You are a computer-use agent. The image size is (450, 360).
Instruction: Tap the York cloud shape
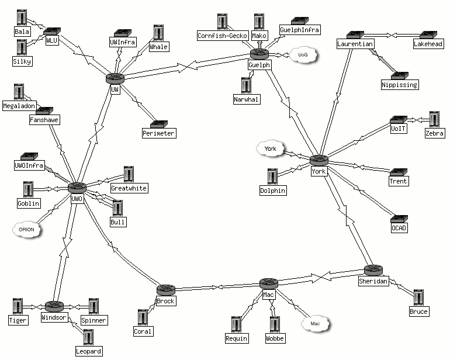click(x=270, y=149)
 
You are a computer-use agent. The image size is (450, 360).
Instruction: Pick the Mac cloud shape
click(x=315, y=323)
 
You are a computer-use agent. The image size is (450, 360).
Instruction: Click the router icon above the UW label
click(x=115, y=78)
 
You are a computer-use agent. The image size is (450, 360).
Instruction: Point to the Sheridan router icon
click(x=372, y=270)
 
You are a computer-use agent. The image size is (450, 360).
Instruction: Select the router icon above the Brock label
click(x=165, y=290)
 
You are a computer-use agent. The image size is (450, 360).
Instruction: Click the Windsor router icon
click(x=54, y=306)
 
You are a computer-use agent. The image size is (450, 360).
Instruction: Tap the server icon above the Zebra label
click(x=434, y=119)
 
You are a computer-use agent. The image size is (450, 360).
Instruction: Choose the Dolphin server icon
click(x=272, y=176)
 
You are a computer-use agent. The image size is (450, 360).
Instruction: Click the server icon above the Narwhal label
click(x=245, y=85)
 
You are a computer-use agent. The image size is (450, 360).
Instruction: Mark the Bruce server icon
click(x=418, y=297)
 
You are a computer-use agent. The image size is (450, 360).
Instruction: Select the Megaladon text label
click(x=19, y=106)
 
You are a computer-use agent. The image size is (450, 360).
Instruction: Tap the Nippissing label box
click(x=400, y=85)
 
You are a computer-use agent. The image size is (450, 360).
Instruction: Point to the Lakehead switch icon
click(x=428, y=35)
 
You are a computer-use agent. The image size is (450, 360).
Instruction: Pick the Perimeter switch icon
click(x=158, y=124)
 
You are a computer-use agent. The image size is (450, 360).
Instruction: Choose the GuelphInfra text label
click(x=300, y=30)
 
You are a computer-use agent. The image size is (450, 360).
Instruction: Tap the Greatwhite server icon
click(x=129, y=174)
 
